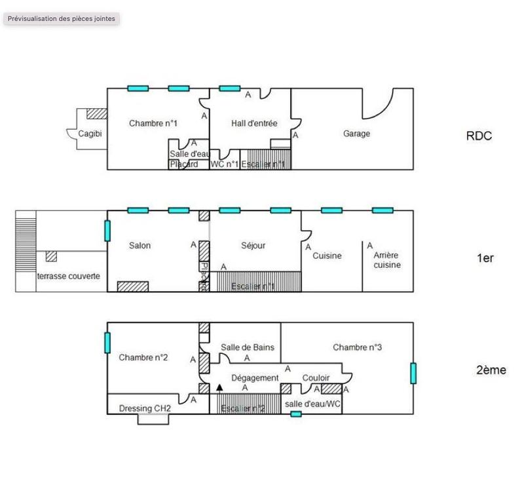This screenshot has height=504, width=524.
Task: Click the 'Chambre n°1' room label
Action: (x=153, y=123)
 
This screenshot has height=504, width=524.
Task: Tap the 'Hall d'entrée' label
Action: (x=254, y=123)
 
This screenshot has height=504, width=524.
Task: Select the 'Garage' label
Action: (x=356, y=134)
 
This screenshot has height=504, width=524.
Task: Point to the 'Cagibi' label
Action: (x=90, y=134)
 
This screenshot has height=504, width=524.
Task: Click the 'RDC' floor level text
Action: (x=479, y=136)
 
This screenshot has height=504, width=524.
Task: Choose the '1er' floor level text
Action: (x=485, y=258)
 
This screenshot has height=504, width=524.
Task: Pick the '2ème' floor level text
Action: (x=491, y=370)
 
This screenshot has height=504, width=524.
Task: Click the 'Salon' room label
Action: (x=140, y=246)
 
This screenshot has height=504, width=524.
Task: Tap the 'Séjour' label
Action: (x=253, y=246)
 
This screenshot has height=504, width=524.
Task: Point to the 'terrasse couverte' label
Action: (x=69, y=277)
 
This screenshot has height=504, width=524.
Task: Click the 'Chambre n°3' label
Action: (x=357, y=347)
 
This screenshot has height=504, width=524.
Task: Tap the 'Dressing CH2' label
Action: (x=145, y=408)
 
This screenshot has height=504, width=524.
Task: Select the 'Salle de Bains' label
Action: (x=247, y=347)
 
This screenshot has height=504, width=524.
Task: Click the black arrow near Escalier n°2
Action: (x=220, y=388)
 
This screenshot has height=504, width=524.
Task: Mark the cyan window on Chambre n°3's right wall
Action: (x=413, y=373)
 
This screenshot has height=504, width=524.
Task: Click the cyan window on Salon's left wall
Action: (x=107, y=231)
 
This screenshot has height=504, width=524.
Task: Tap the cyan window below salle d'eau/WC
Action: (x=296, y=414)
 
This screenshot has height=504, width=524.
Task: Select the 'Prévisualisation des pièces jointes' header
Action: (x=62, y=18)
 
